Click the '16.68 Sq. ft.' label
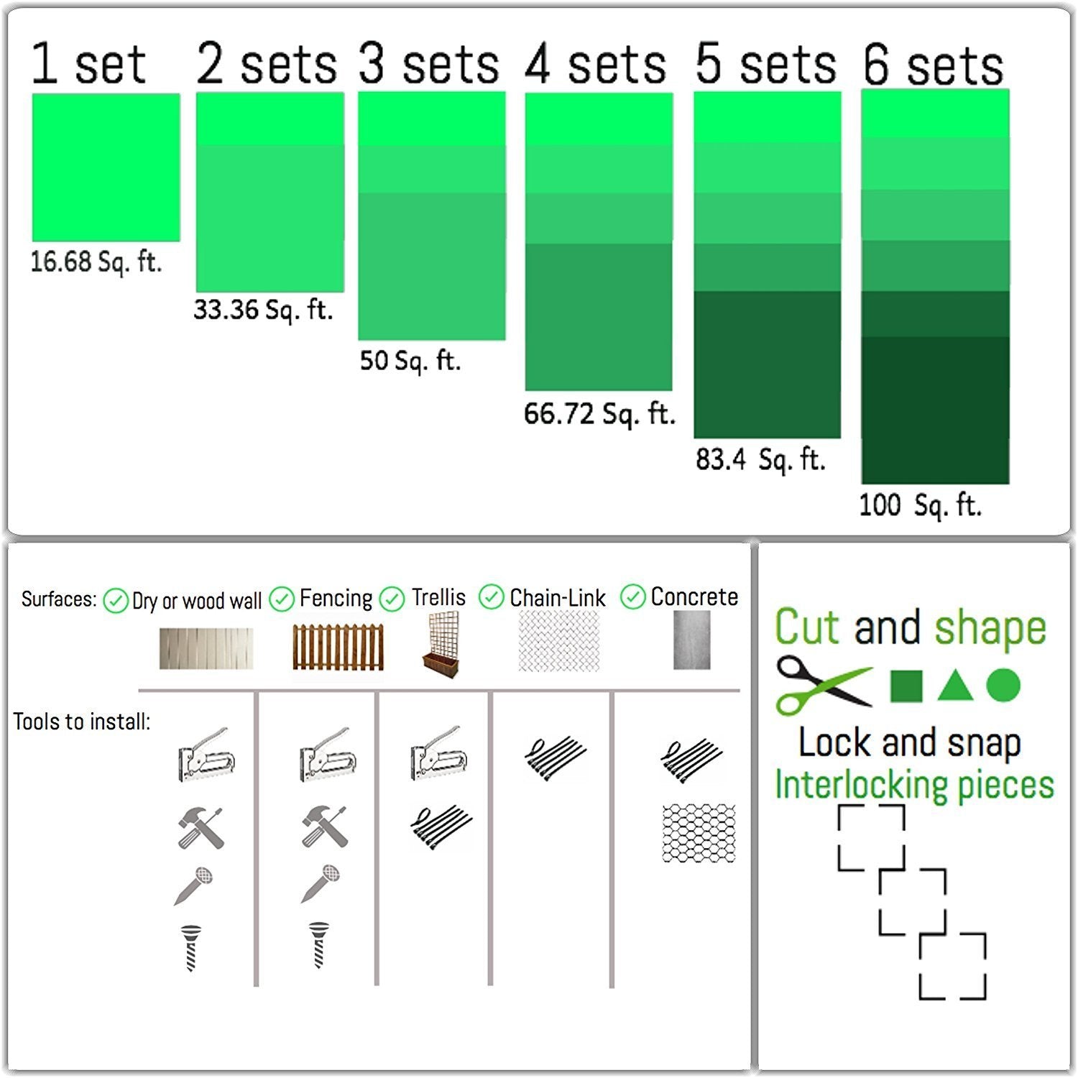click(96, 262)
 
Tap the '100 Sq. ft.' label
click(920, 505)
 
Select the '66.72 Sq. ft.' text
click(599, 414)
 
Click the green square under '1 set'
click(106, 167)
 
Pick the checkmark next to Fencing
click(282, 599)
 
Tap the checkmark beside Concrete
click(633, 597)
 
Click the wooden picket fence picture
click(338, 648)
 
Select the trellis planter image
click(439, 643)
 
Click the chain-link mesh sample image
click(559, 641)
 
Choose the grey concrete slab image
click(691, 640)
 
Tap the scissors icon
click(824, 684)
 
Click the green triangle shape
click(955, 686)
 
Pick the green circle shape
click(1003, 685)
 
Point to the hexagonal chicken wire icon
click(699, 833)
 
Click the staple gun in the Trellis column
click(439, 754)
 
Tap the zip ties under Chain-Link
click(555, 757)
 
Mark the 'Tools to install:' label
click(82, 722)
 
